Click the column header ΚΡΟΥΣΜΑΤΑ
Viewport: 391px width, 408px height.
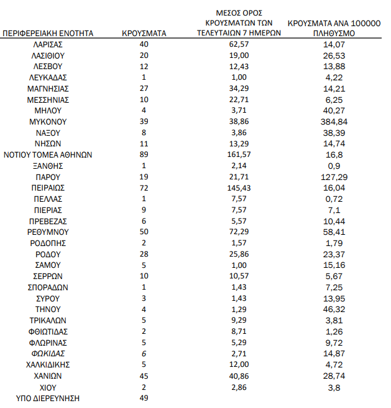pos(144,33)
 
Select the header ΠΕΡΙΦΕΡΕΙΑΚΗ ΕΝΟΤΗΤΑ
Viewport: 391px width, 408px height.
pos(48,33)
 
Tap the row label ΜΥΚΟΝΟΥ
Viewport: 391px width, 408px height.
pos(48,121)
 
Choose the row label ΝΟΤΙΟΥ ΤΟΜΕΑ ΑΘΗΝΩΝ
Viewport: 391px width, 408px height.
pos(48,154)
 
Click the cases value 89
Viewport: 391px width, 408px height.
pos(144,154)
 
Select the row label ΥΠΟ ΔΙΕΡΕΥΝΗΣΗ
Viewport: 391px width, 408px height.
pos(48,398)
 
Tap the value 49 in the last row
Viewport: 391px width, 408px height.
pos(144,398)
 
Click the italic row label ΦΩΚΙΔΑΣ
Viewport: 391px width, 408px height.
pos(48,353)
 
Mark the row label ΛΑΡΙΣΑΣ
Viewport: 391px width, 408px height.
pos(48,44)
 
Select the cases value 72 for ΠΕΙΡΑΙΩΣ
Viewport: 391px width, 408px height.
pos(144,187)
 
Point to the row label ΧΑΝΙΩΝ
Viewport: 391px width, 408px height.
pos(48,376)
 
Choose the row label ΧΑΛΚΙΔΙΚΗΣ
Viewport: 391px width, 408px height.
pos(48,364)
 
